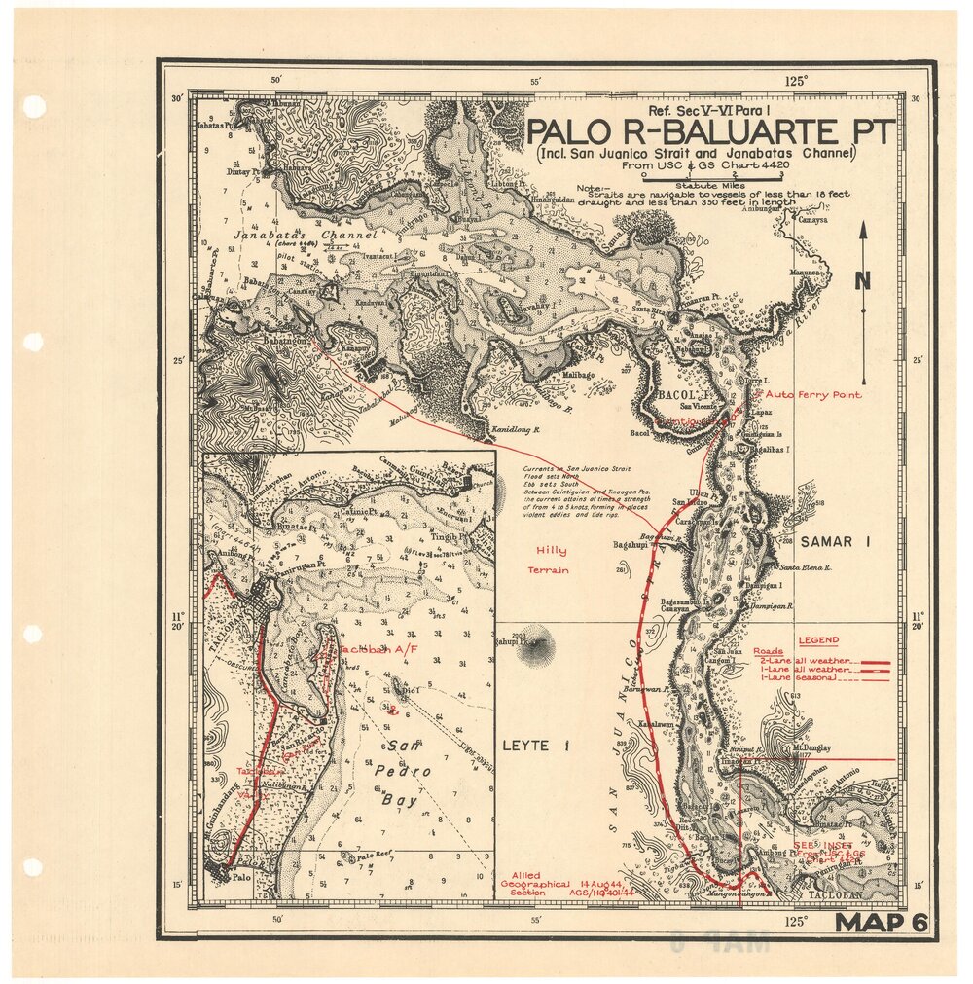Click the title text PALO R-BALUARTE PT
pos(709,132)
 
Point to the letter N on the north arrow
pos(862,281)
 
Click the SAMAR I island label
pos(834,541)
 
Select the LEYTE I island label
pos(534,746)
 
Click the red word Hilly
pos(547,550)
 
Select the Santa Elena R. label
pos(804,567)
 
